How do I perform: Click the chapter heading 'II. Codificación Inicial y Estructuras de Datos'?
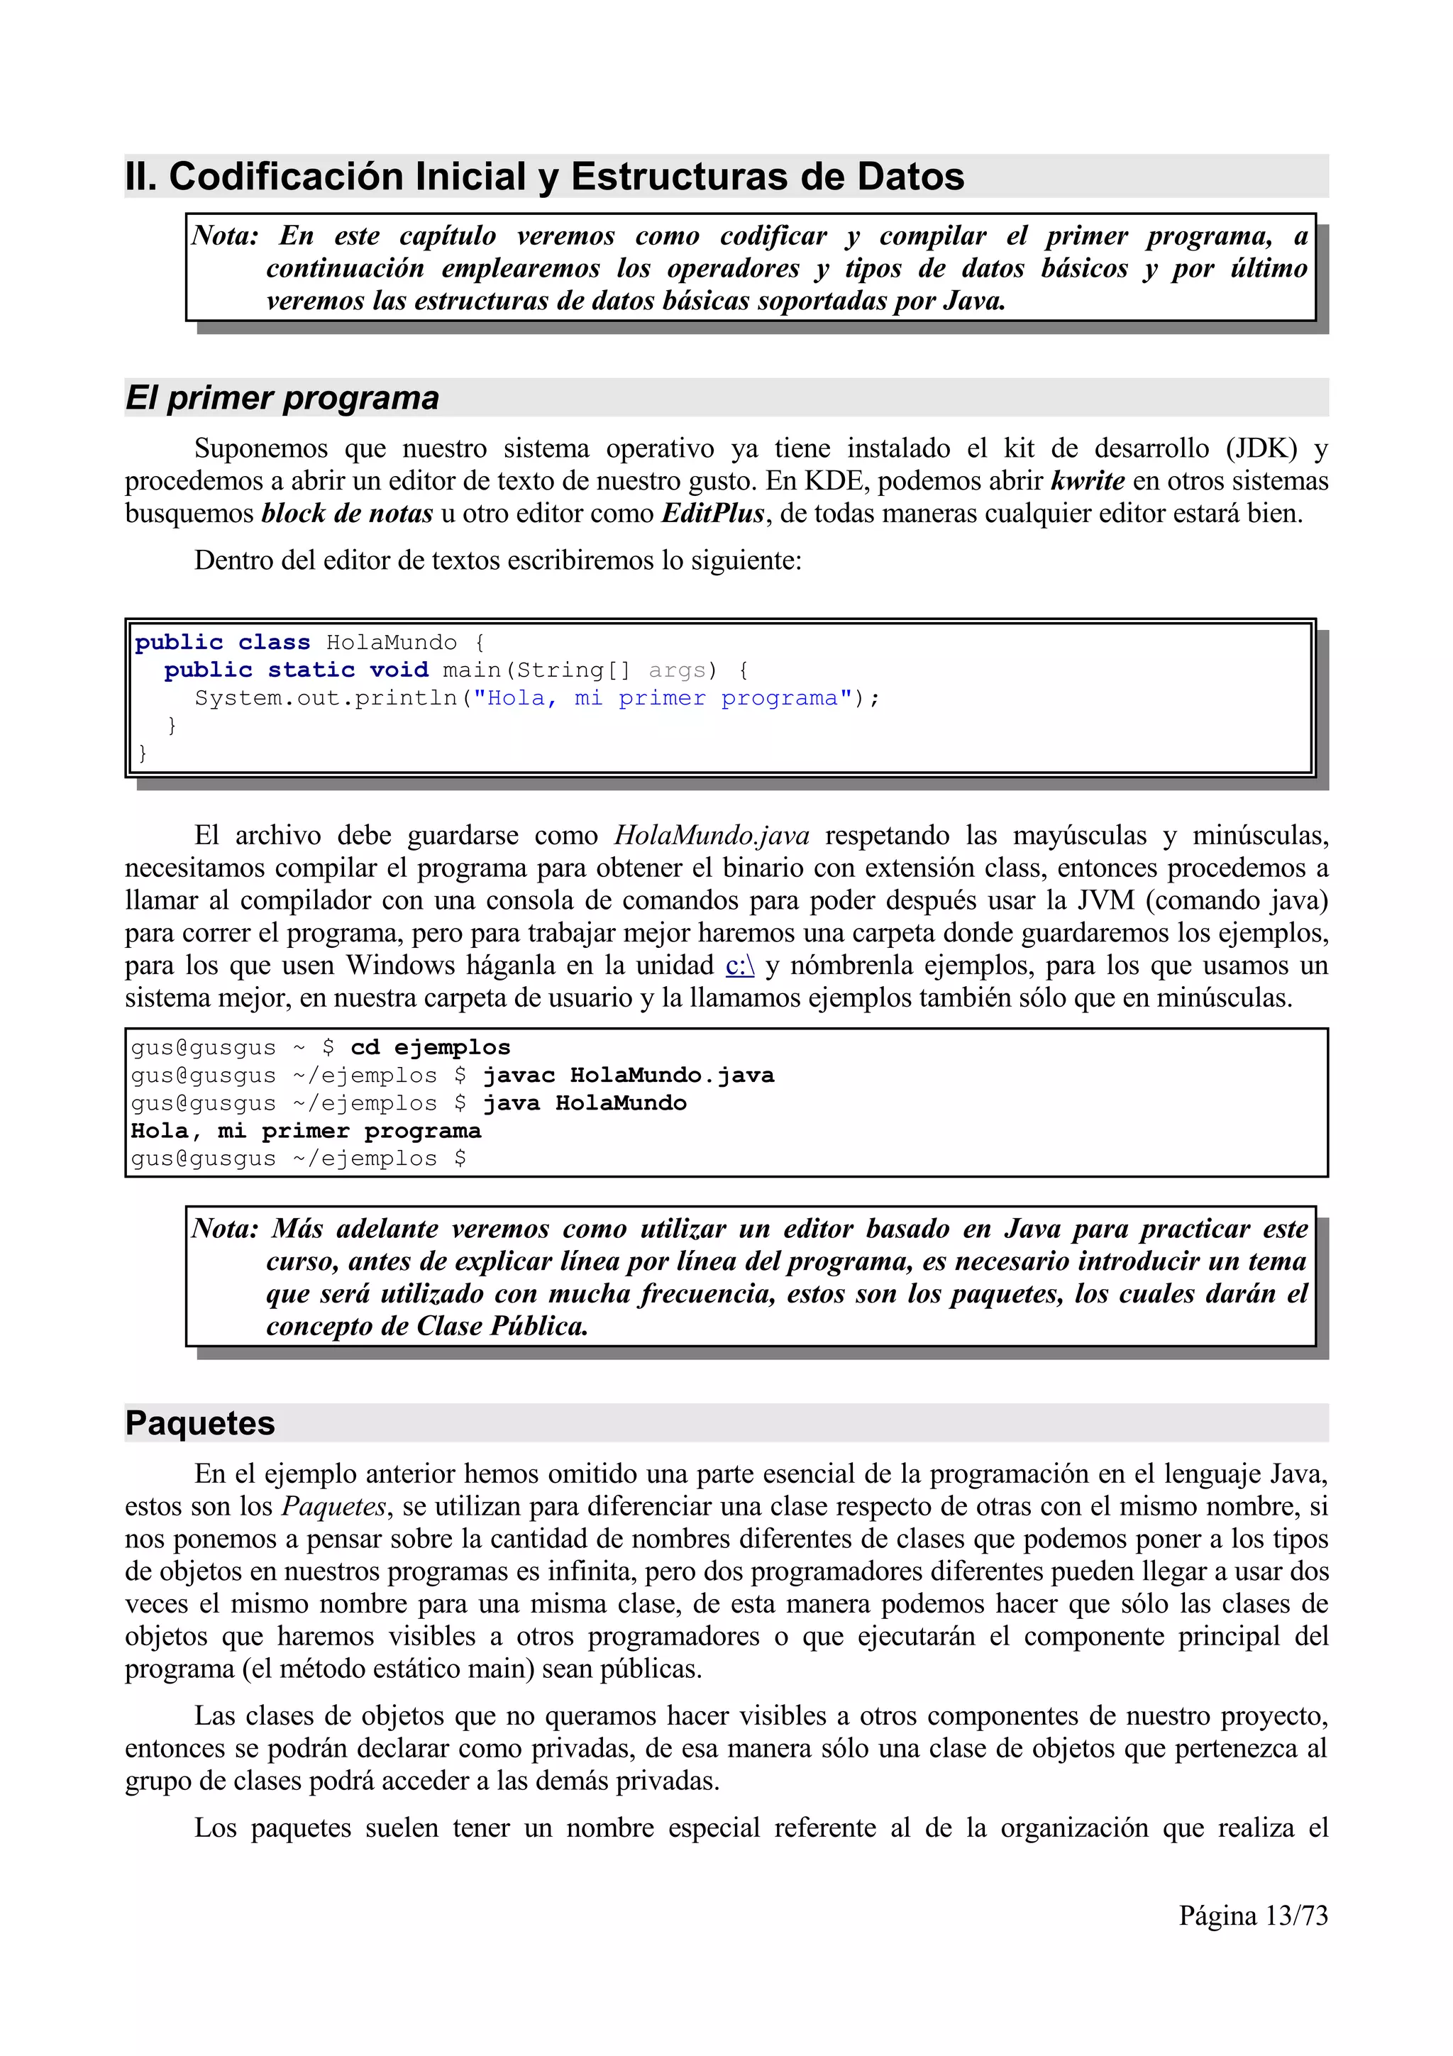(544, 177)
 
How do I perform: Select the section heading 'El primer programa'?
(282, 397)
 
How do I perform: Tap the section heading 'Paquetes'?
(199, 1423)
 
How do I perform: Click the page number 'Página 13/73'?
(1252, 1916)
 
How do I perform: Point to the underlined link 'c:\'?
(739, 966)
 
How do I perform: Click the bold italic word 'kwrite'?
(1087, 481)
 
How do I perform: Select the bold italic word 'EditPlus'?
(712, 513)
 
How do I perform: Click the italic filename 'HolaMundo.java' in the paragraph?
(711, 836)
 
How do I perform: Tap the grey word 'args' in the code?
(677, 670)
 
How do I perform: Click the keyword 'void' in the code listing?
(399, 670)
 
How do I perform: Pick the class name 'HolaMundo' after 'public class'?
(391, 642)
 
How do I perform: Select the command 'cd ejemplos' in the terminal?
(430, 1047)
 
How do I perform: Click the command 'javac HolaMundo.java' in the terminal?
(628, 1075)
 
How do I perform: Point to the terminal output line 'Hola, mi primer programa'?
(305, 1130)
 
